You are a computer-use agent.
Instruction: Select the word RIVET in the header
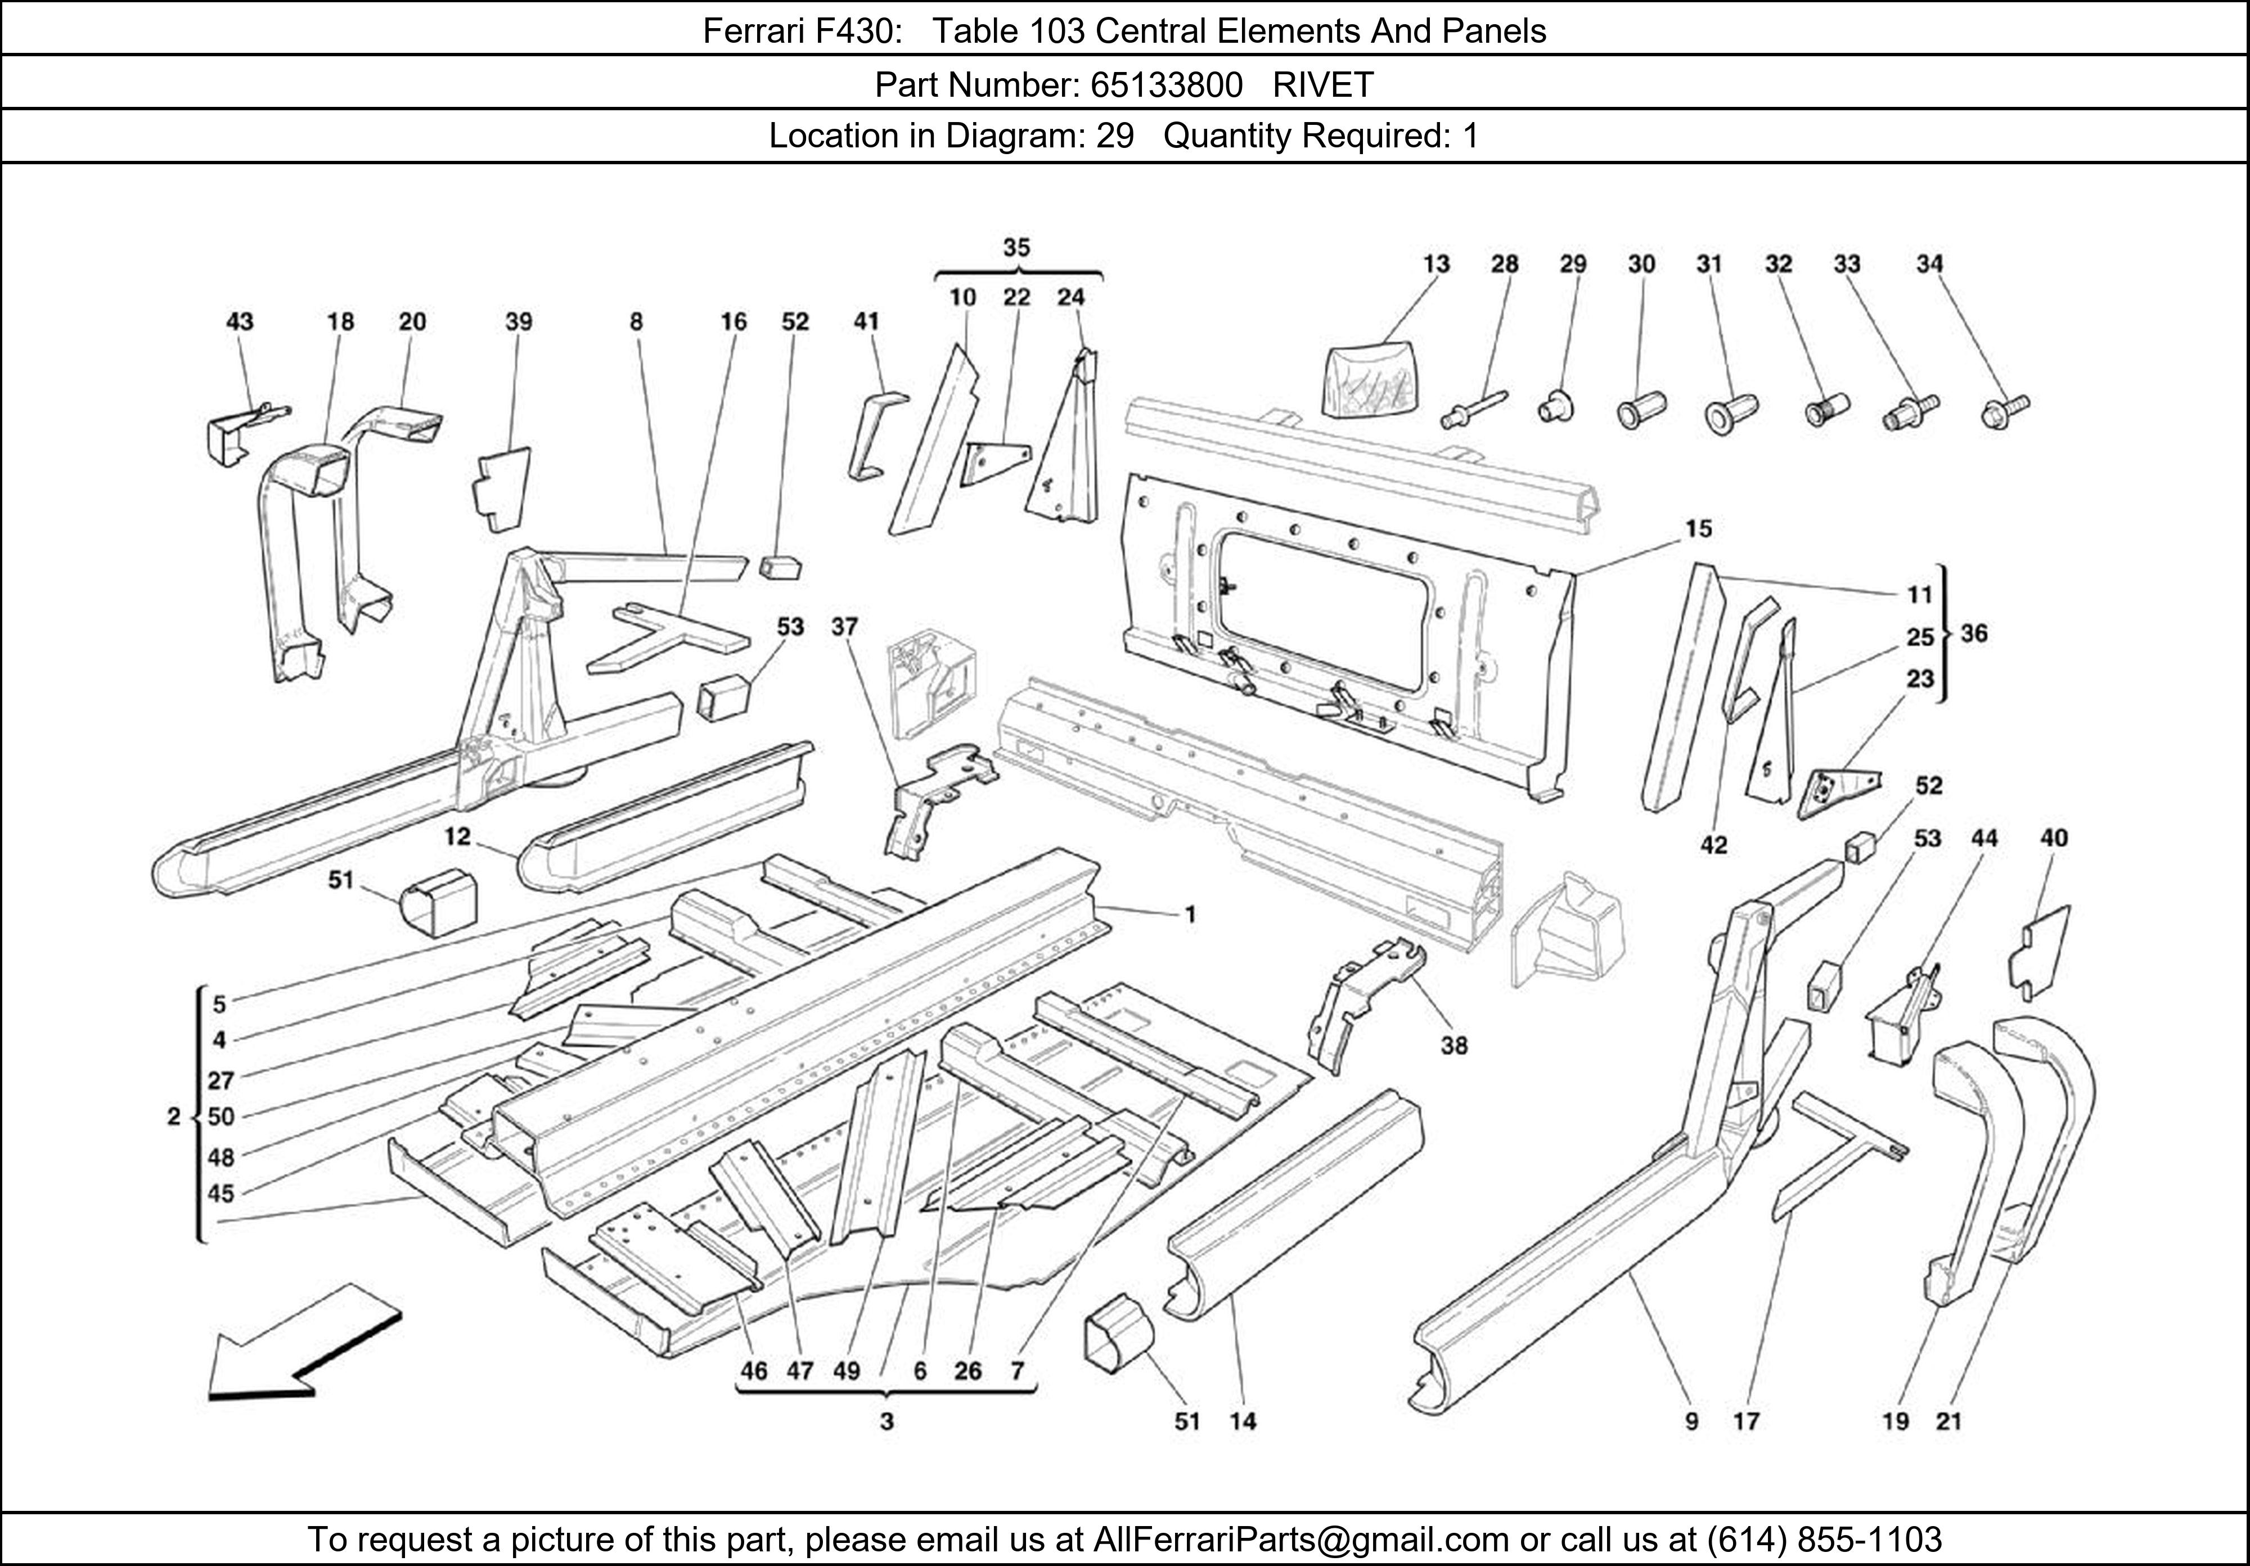(x=1323, y=85)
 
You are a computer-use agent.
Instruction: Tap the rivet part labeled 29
(x=1550, y=405)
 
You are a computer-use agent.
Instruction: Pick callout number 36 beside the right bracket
(x=1974, y=634)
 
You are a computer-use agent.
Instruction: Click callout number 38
(x=1453, y=1046)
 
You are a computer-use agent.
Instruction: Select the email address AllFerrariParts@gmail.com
(x=1300, y=1540)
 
